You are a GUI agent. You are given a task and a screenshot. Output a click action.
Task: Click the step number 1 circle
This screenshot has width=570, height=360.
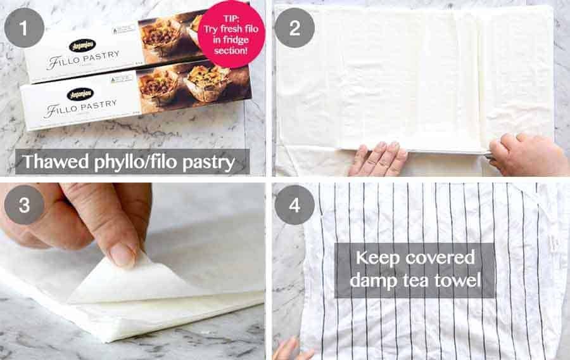24,28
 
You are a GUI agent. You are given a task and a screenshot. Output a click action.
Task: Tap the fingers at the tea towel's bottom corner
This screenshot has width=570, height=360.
288,349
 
